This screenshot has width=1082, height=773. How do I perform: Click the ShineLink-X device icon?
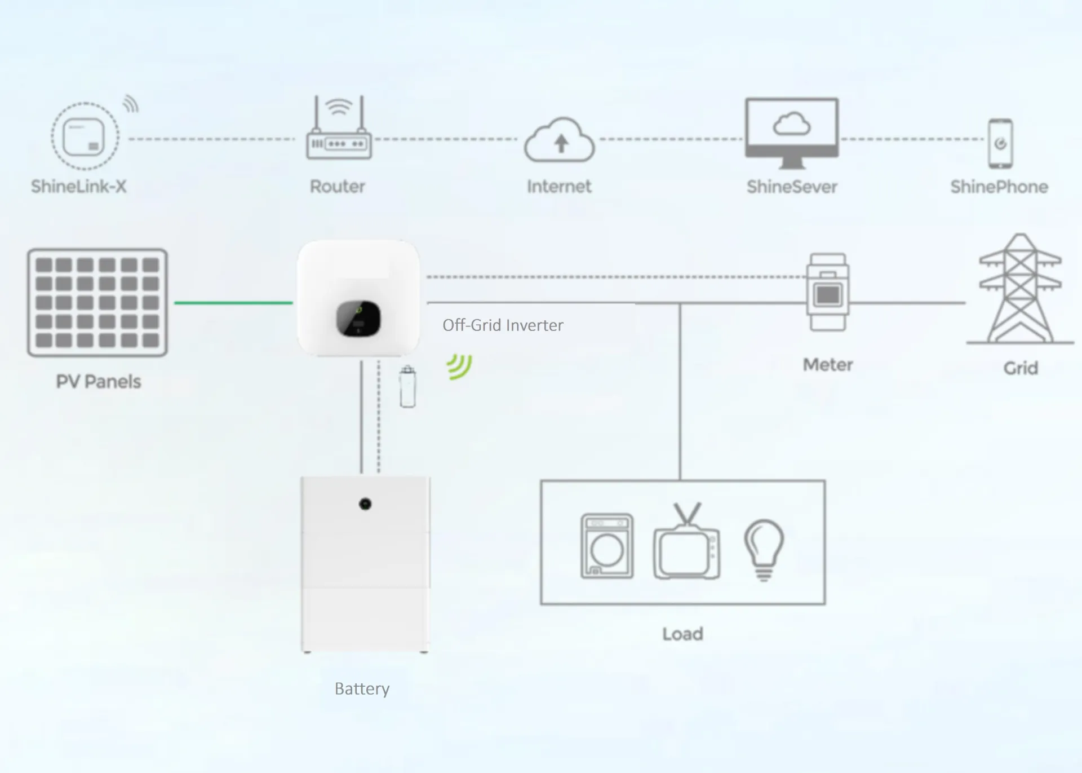coord(85,137)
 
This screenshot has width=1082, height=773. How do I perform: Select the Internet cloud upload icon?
coord(559,141)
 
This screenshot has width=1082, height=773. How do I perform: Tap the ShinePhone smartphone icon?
coord(1000,143)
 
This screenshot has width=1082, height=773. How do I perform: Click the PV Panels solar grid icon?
coord(97,303)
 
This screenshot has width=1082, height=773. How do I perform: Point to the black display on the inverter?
coord(358,319)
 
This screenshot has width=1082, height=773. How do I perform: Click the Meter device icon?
coord(827,292)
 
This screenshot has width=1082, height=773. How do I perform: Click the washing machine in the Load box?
coord(607,546)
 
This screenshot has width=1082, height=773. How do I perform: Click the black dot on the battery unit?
coord(365,503)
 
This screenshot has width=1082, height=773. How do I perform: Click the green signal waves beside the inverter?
coord(460,366)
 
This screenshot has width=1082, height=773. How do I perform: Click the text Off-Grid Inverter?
coord(503,325)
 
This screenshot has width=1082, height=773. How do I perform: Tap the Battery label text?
coord(362,689)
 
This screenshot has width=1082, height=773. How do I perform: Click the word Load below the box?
coord(682,634)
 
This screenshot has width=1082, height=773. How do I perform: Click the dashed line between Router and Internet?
coord(445,139)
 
